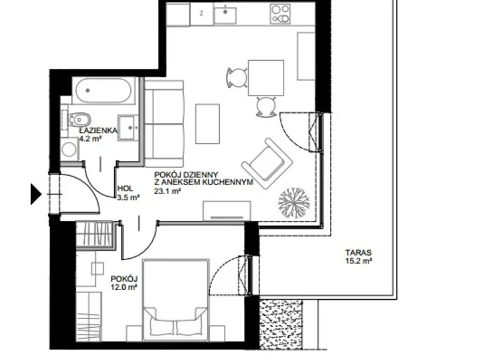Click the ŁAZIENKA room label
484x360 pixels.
point(95,132)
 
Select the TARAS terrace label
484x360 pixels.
point(359,253)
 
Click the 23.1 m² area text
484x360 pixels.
point(168,192)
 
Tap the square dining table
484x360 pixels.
point(266,78)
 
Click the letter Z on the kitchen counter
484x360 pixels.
point(201,12)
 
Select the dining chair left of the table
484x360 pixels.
point(235,78)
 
